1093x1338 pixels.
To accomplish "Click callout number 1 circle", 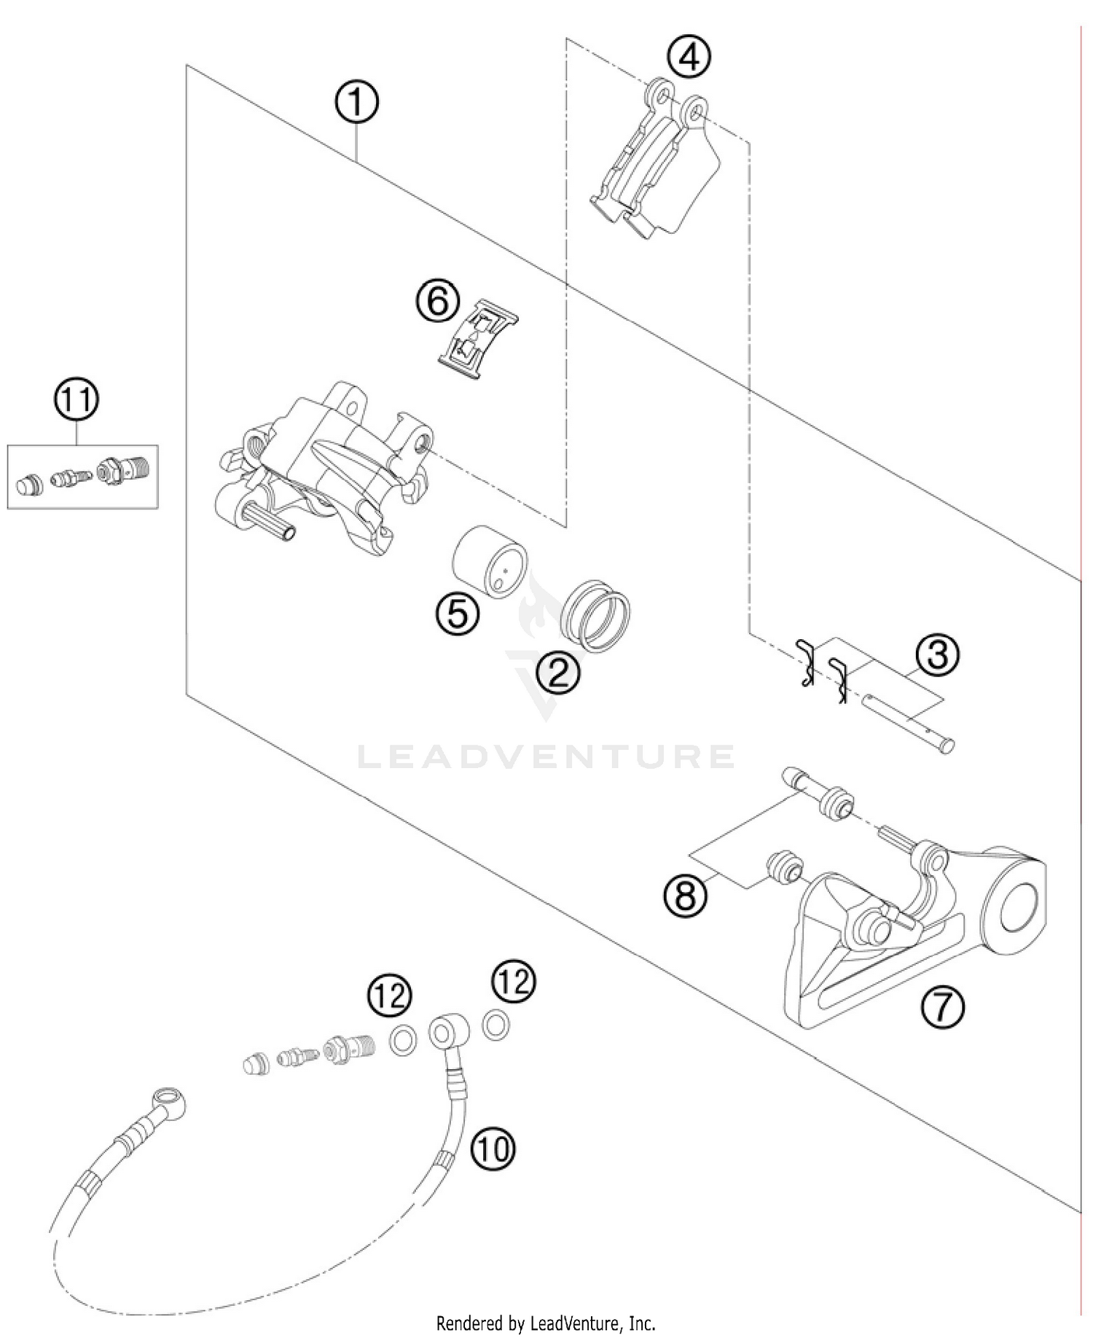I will pyautogui.click(x=356, y=103).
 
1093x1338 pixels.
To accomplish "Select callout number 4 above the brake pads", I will pyautogui.click(x=689, y=57).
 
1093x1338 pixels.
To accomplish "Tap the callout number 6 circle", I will pyautogui.click(x=438, y=301).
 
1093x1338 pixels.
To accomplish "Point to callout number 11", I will pyautogui.click(x=77, y=400).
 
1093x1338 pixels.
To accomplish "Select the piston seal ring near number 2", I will pyautogui.click(x=596, y=616).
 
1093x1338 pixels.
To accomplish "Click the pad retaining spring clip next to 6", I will pyautogui.click(x=478, y=340).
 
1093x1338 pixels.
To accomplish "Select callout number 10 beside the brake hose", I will pyautogui.click(x=493, y=1149).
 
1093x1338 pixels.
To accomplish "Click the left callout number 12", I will pyautogui.click(x=390, y=995).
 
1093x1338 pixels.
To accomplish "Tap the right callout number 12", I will pyautogui.click(x=514, y=981).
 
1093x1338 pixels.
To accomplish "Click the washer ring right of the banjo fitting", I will pyautogui.click(x=496, y=1025).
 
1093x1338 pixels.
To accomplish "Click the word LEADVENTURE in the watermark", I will pyautogui.click(x=546, y=756).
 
